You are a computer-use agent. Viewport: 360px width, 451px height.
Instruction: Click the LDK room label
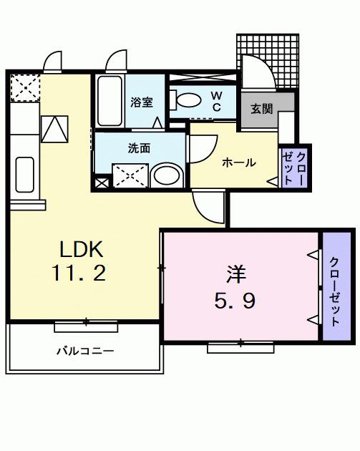[x=82, y=249]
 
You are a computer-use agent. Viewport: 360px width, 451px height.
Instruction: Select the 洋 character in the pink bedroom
[x=237, y=274]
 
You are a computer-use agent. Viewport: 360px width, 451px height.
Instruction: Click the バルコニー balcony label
[x=85, y=351]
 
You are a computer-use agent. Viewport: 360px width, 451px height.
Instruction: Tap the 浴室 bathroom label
[x=142, y=102]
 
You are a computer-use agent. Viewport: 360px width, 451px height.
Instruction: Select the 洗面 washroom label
[x=139, y=149]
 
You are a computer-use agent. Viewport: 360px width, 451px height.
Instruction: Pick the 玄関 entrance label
[x=261, y=109]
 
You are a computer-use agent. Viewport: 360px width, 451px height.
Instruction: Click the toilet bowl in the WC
[x=190, y=100]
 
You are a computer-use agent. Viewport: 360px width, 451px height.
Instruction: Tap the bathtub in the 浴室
[x=110, y=101]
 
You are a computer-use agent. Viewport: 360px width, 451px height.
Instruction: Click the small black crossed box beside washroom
[x=101, y=182]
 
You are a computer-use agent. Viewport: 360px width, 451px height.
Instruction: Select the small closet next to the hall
[x=295, y=166]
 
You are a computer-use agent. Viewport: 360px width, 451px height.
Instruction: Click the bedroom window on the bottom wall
[x=240, y=347]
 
